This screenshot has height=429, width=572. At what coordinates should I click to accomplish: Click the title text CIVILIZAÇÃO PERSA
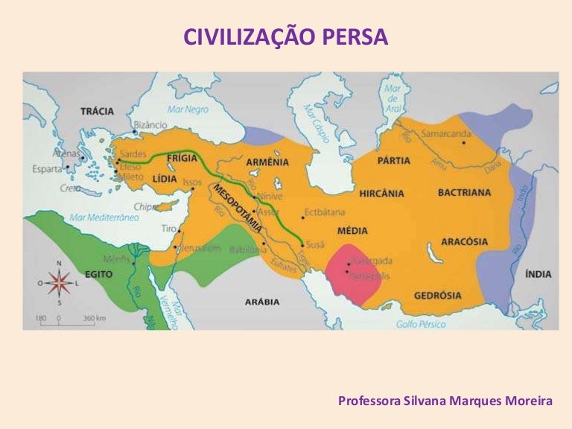286,36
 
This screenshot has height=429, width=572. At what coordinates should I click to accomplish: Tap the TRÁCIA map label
97,111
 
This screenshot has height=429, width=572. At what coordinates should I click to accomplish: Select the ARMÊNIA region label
267,162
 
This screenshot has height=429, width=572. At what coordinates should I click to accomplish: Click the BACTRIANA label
464,192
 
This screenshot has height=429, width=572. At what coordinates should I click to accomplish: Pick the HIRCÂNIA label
381,194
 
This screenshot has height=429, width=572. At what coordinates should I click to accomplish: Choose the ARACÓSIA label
464,241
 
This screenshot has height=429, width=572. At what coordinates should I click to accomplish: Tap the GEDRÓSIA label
437,294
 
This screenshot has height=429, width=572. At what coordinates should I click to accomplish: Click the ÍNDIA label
538,274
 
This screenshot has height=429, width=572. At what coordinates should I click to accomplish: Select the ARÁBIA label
262,302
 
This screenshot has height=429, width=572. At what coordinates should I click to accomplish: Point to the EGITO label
98,274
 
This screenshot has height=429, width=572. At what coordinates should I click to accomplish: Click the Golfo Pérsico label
421,324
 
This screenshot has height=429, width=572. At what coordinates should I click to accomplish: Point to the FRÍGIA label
182,159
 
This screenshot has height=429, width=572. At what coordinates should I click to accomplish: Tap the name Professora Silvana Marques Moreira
445,401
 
